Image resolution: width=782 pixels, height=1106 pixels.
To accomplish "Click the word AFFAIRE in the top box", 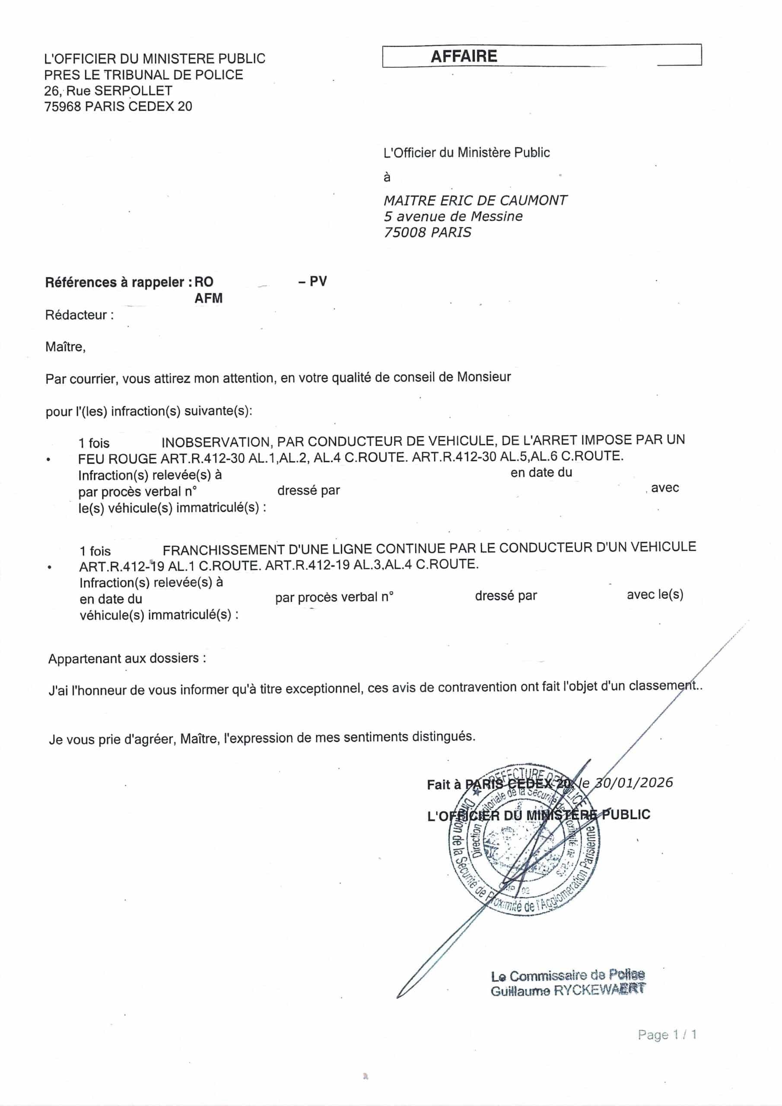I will pyautogui.click(x=464, y=56).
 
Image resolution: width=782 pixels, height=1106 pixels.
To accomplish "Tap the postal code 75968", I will pyautogui.click(x=63, y=106).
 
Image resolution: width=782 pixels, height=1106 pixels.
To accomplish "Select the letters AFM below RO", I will pyautogui.click(x=208, y=299).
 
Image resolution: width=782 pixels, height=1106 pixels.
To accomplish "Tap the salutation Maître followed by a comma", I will pyautogui.click(x=65, y=347).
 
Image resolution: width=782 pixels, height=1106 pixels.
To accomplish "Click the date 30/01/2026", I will pyautogui.click(x=634, y=782).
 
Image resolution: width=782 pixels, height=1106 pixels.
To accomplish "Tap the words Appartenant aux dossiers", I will pyautogui.click(x=127, y=658).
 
